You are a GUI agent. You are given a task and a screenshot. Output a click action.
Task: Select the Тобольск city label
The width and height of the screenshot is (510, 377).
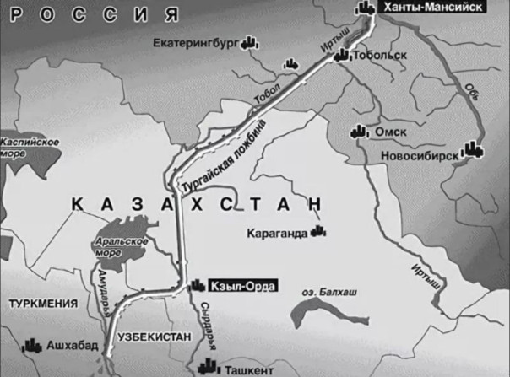tap(379, 56)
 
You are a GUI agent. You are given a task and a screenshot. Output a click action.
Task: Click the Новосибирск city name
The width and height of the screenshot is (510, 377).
tap(423, 155)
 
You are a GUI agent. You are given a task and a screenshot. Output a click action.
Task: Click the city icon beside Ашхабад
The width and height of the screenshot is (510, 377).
tap(33, 345)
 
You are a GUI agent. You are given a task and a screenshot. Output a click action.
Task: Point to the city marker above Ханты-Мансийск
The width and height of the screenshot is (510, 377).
tap(364, 8)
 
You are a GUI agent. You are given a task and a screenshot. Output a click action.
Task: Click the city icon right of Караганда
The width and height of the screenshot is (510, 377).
tap(318, 229)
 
